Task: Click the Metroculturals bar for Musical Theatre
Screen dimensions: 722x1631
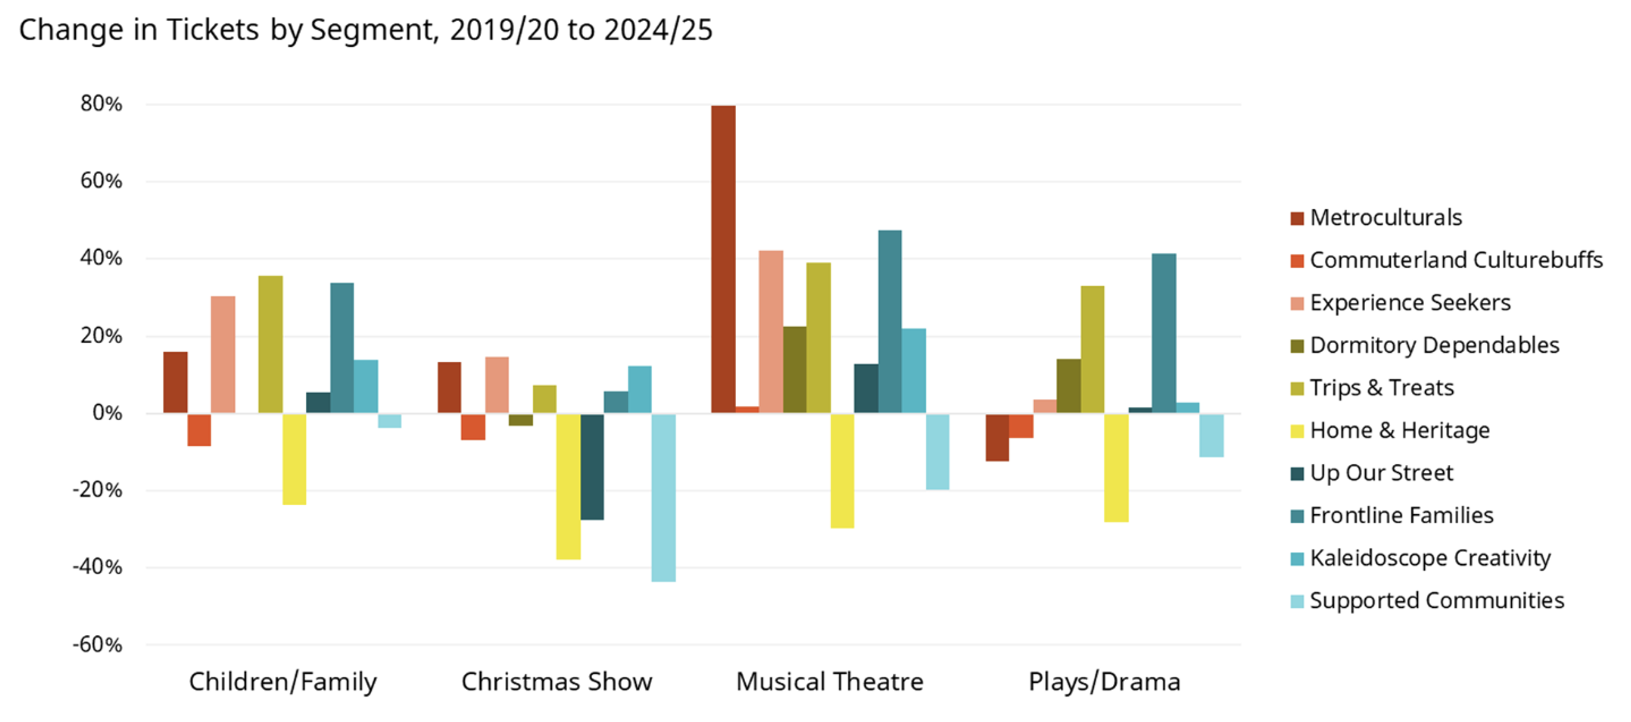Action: [x=723, y=260]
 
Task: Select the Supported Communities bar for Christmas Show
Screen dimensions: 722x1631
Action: [x=663, y=498]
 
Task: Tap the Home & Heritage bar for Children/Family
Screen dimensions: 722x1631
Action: [x=294, y=459]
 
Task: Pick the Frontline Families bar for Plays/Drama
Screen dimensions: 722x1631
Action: [x=1164, y=334]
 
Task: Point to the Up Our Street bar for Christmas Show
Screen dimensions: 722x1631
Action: [x=592, y=467]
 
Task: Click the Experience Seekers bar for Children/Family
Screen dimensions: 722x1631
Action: [x=223, y=355]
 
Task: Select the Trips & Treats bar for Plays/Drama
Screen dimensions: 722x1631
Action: [x=1092, y=350]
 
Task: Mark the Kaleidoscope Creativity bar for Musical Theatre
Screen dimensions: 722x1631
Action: [x=913, y=371]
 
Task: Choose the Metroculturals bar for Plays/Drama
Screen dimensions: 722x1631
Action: [x=997, y=437]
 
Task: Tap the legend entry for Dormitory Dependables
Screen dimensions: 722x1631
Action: [x=1434, y=345]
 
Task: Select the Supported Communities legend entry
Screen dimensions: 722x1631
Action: [x=1436, y=600]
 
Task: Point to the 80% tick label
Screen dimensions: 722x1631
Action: [x=101, y=104]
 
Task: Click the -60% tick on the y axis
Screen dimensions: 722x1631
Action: [x=98, y=645]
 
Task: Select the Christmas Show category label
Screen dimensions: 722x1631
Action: [x=556, y=682]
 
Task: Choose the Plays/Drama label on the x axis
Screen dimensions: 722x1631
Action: [x=1104, y=682]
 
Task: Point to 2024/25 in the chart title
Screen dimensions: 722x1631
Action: [x=658, y=30]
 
